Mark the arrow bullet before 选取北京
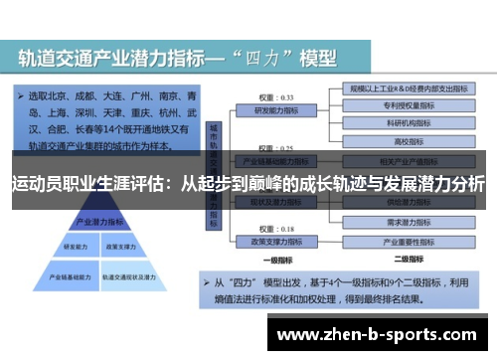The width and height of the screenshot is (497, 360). coord(19,97)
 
